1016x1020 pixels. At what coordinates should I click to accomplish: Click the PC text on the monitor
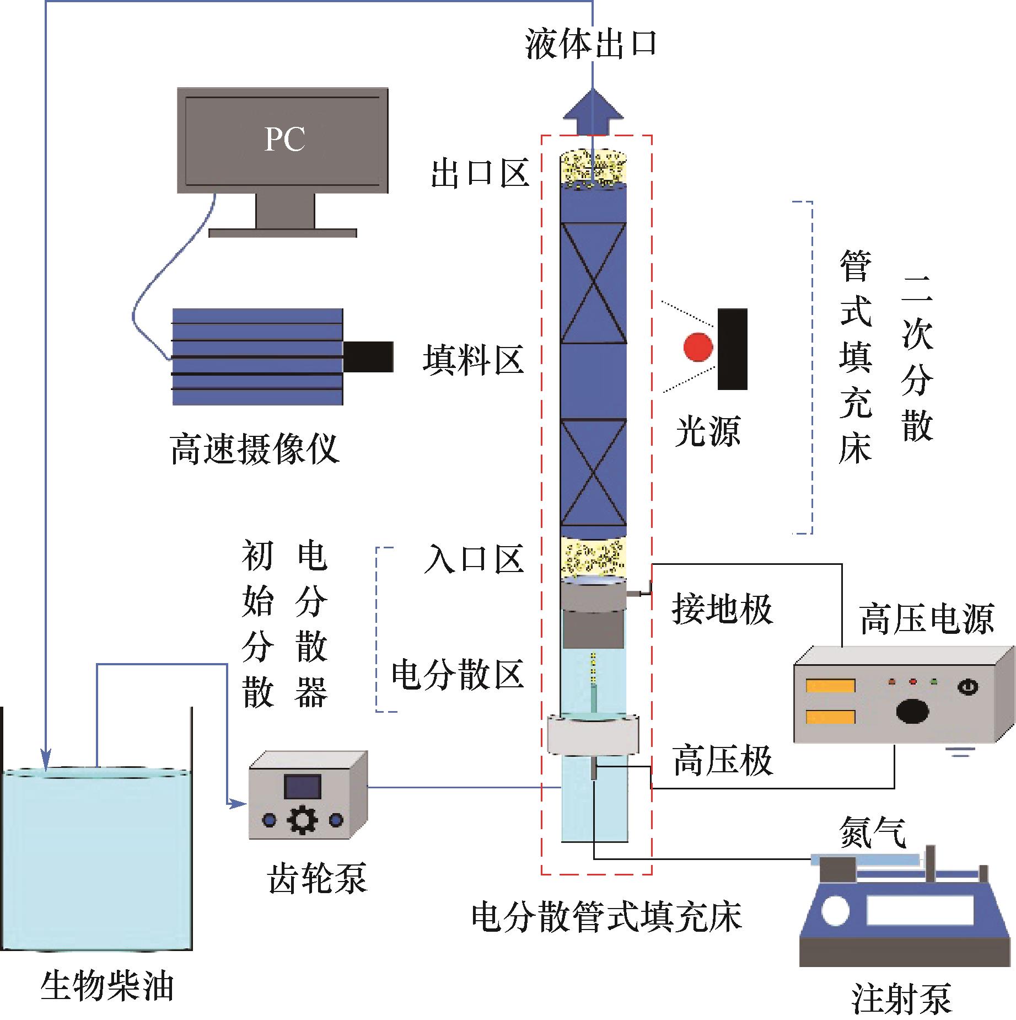click(x=284, y=139)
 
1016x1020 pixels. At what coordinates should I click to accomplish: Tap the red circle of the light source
click(x=698, y=347)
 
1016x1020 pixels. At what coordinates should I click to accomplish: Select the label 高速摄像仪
click(x=254, y=449)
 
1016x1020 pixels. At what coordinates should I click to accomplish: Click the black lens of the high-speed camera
click(x=368, y=356)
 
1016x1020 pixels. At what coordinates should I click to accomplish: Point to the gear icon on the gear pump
click(x=302, y=820)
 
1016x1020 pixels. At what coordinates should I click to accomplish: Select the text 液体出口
click(x=591, y=44)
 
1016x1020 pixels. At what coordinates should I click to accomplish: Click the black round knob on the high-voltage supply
click(x=912, y=711)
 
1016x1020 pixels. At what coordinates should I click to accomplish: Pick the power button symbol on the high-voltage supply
click(x=969, y=687)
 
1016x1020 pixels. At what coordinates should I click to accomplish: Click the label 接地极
click(x=722, y=610)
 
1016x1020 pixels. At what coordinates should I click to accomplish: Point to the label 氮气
click(x=873, y=832)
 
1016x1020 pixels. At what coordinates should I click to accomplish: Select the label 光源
click(x=708, y=431)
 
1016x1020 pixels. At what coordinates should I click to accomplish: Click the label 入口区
click(x=474, y=559)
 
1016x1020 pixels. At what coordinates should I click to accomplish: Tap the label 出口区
click(x=480, y=173)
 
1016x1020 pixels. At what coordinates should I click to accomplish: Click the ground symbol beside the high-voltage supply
click(x=960, y=751)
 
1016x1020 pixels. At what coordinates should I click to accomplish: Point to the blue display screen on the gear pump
click(x=302, y=787)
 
